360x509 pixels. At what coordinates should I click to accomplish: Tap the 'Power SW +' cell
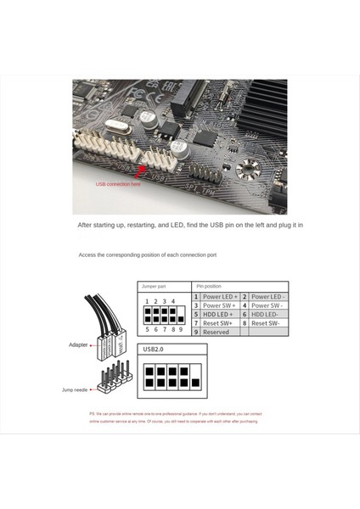[x=220, y=305]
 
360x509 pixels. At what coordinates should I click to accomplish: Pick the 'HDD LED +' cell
[x=220, y=314]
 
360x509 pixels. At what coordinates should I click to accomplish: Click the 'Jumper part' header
[x=155, y=286]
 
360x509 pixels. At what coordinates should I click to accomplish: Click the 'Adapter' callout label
[x=79, y=345]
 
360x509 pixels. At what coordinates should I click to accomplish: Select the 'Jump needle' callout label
[x=74, y=389]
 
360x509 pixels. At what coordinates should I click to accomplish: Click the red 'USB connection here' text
[x=118, y=183]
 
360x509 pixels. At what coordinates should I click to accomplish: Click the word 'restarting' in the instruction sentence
[x=147, y=226]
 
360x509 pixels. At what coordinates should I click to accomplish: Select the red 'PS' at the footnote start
[x=93, y=413]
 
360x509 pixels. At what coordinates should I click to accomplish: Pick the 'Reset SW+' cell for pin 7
[x=220, y=323]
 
